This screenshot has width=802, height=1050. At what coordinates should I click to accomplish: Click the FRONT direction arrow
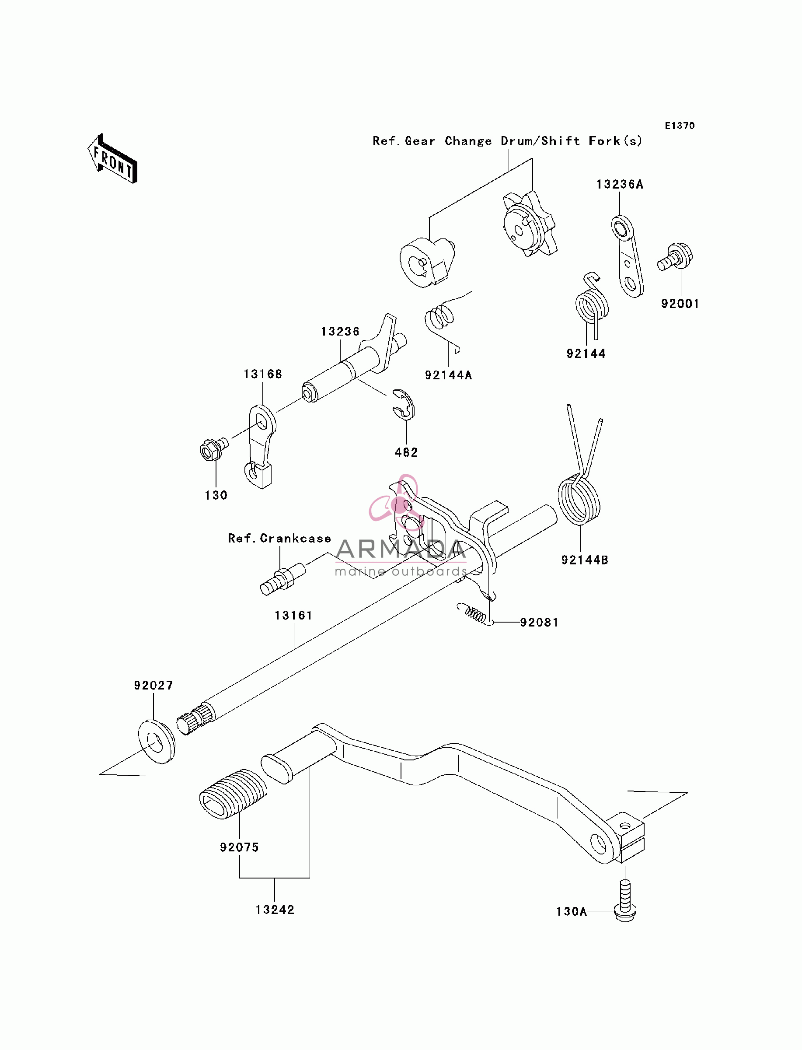tap(113, 158)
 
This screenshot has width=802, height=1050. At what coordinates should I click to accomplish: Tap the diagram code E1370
tap(680, 126)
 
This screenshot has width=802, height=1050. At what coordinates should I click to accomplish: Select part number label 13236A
tap(620, 184)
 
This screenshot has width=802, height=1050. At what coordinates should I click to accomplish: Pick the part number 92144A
tap(448, 375)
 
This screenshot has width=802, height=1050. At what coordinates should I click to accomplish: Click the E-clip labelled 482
tap(404, 405)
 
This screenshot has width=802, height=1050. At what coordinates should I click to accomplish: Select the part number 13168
tap(262, 374)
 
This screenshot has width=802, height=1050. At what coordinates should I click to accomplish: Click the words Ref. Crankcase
tap(279, 538)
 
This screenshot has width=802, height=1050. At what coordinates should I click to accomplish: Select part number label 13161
tap(293, 616)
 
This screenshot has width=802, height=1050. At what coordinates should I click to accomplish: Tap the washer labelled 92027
tap(157, 742)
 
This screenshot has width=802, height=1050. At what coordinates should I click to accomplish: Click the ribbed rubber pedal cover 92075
tap(233, 794)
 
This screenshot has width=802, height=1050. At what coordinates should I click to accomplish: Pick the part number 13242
tap(275, 910)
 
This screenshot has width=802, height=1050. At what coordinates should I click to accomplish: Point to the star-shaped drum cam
tap(530, 224)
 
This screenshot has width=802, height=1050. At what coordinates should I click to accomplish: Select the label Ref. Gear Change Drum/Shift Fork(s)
tap(507, 141)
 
